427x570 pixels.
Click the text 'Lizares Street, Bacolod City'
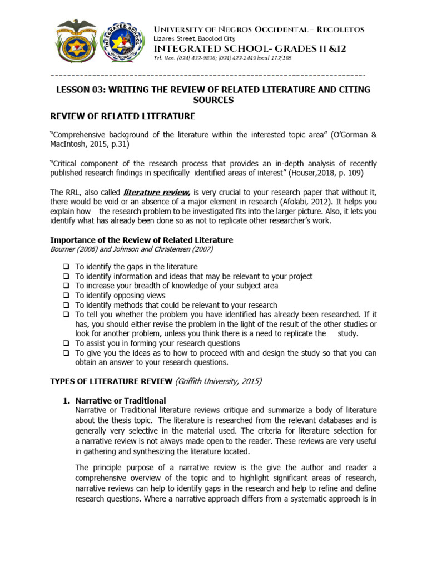(194, 38)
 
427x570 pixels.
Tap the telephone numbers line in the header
(222, 57)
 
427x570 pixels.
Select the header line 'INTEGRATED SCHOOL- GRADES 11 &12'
(250, 48)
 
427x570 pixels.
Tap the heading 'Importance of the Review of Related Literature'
(142, 240)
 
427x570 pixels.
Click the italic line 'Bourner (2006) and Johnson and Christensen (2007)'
(132, 249)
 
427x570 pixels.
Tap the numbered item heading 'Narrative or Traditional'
(121, 401)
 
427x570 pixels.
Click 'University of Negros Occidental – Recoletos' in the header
(259, 30)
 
